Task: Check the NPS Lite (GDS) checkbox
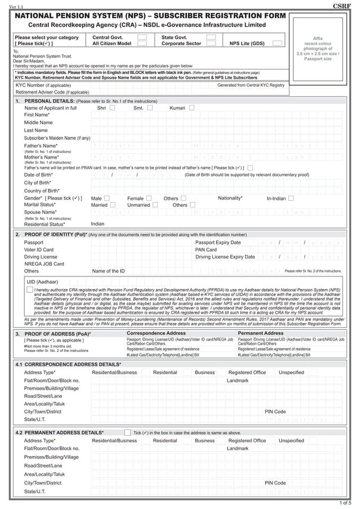[276, 43]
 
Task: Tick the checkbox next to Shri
[112, 108]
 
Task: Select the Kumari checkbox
[192, 108]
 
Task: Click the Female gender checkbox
[148, 198]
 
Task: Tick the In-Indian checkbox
[291, 199]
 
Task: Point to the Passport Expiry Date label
[218, 242]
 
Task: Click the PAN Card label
[206, 249]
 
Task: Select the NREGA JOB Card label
[44, 264]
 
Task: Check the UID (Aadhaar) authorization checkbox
[29, 289]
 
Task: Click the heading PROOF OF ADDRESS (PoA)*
[57, 334]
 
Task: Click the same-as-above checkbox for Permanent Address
[127, 432]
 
